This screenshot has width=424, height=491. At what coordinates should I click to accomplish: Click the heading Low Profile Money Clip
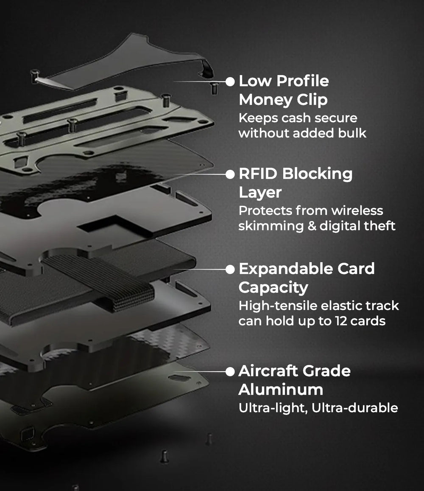[284, 90]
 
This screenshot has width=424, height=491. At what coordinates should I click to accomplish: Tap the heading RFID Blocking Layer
[296, 183]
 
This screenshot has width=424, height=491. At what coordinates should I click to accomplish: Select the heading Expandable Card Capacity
[307, 278]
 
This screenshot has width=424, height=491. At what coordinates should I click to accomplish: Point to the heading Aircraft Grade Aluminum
[294, 380]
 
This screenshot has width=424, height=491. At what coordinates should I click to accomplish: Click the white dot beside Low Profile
[230, 81]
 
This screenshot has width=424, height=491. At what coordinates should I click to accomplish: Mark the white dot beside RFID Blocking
[230, 174]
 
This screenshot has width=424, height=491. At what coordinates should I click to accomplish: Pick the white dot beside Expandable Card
[230, 269]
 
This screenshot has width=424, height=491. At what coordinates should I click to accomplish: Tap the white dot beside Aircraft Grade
[230, 372]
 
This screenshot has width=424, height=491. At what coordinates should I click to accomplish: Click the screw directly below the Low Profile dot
[215, 88]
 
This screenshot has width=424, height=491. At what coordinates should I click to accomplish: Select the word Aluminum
[281, 389]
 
